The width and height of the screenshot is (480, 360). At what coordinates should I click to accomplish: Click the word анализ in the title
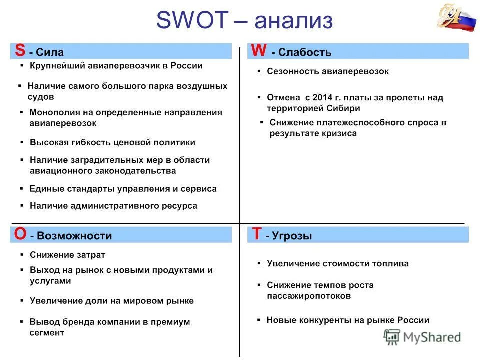point(293,21)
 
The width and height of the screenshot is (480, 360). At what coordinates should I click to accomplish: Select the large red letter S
point(20,50)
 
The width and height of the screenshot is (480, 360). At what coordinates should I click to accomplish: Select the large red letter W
point(258,50)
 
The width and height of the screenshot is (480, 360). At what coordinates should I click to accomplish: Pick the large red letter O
point(20,234)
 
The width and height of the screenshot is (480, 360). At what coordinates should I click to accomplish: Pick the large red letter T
point(256,234)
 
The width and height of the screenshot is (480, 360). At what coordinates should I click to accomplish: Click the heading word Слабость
point(304,52)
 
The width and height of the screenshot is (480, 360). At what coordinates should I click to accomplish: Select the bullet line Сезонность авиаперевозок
point(327,71)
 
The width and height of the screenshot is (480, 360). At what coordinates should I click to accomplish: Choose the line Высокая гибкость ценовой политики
point(112,142)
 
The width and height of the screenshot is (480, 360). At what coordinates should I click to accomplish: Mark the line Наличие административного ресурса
point(113,205)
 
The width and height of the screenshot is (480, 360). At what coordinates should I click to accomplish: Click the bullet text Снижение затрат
point(67,255)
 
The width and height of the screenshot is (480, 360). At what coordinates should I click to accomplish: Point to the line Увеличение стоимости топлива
point(337,263)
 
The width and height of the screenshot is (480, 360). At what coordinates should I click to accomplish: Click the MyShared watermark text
point(432,337)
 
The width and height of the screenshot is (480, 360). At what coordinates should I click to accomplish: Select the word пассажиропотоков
point(308,296)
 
